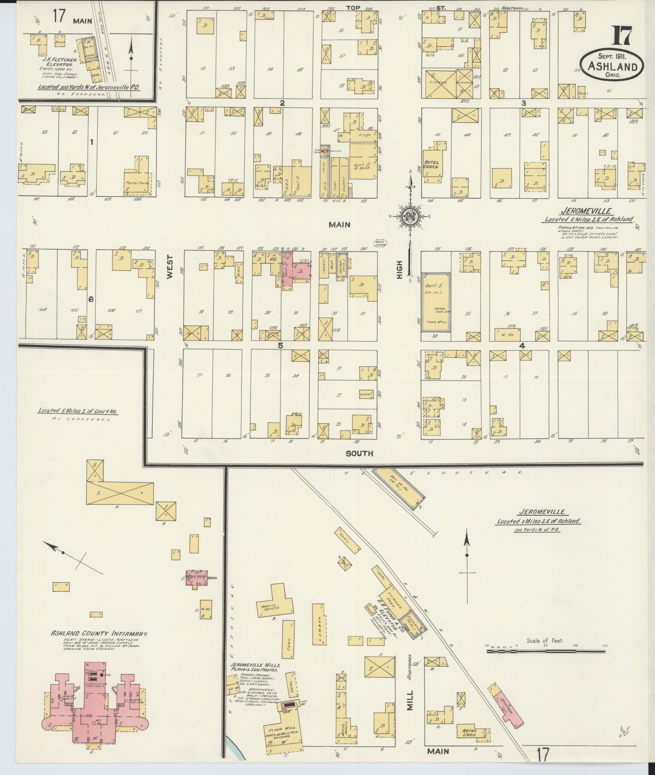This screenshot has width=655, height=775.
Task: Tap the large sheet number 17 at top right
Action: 625,38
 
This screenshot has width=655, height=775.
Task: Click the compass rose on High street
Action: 410,216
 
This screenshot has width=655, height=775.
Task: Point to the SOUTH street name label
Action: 359,453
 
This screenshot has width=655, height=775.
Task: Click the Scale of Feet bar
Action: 546,651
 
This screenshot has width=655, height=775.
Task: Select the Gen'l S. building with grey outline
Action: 436,301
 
